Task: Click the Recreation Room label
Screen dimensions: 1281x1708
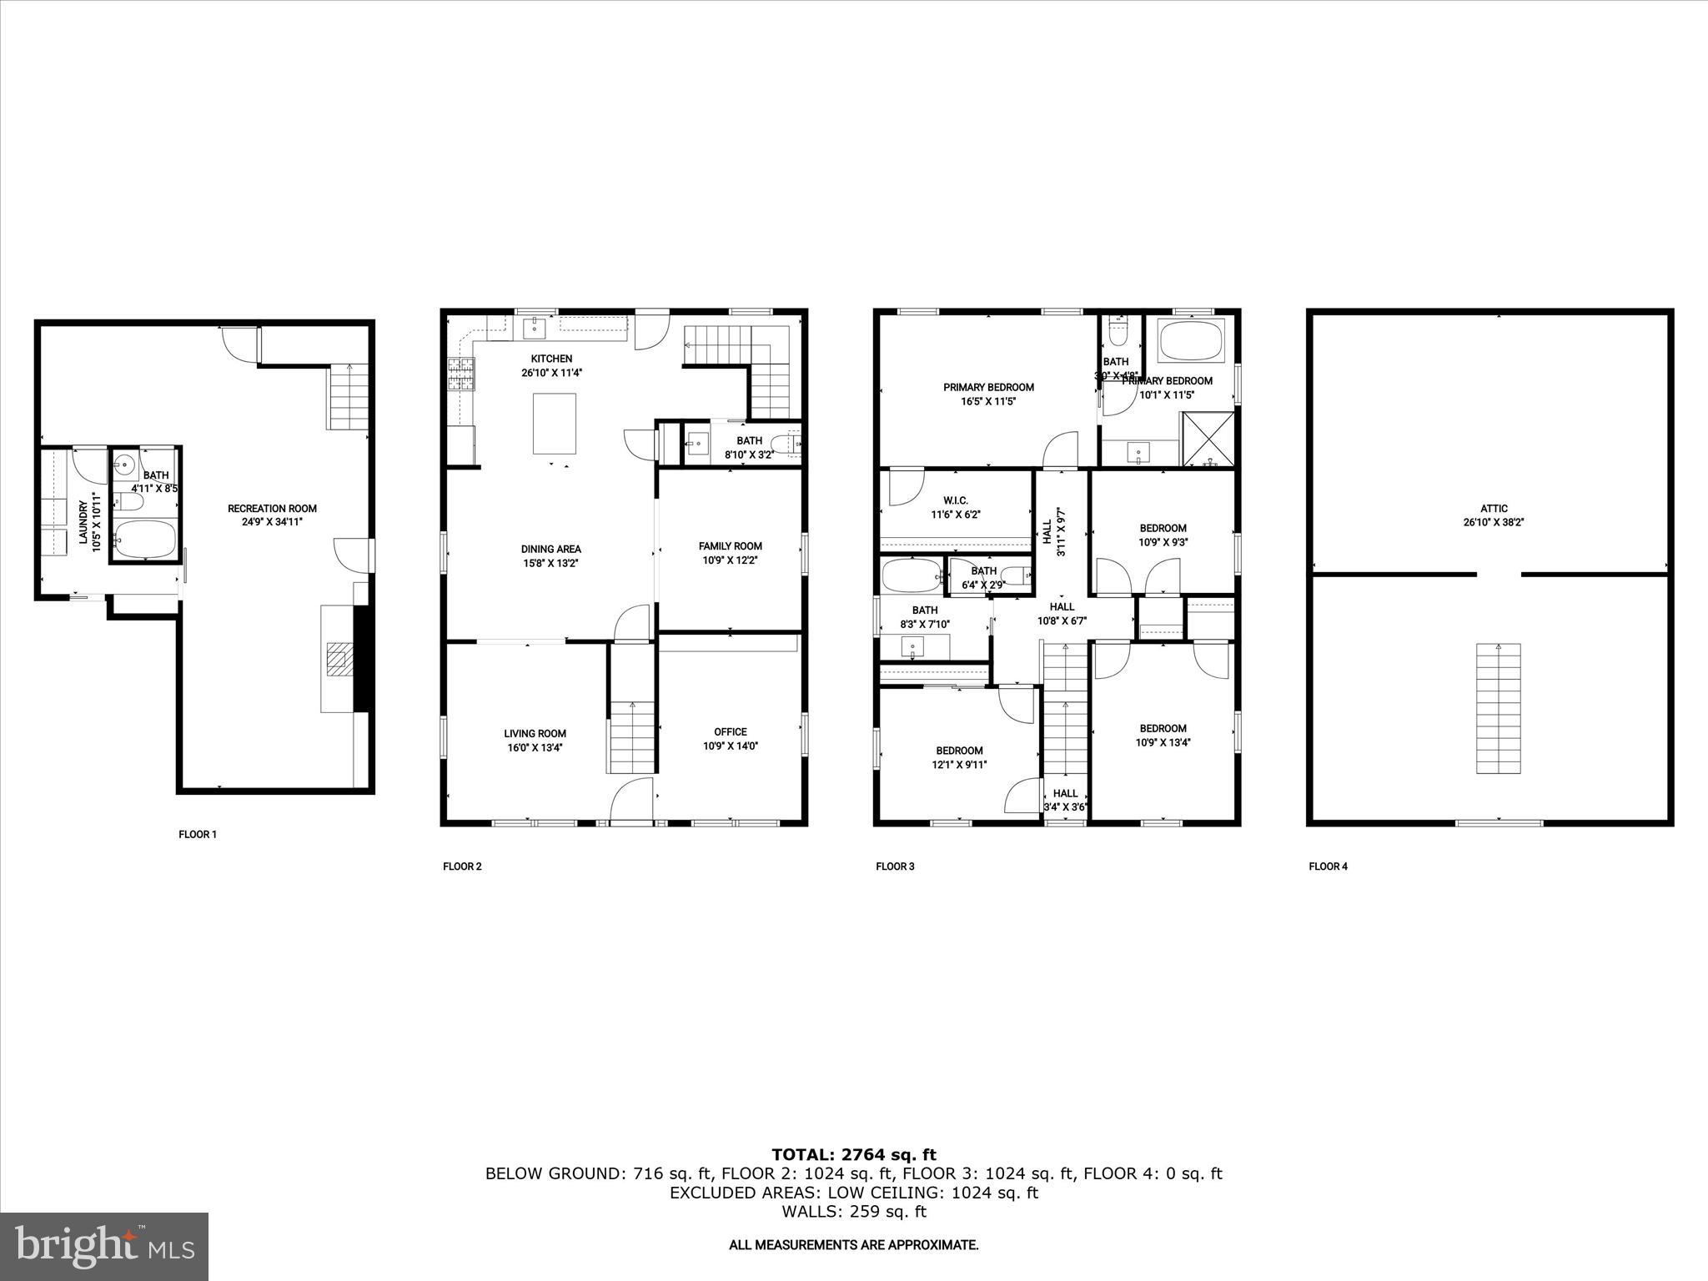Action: click(272, 508)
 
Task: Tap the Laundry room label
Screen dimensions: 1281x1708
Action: click(83, 523)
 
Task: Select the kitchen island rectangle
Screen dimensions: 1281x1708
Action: click(555, 422)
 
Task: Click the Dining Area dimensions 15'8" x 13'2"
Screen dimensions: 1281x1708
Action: click(550, 563)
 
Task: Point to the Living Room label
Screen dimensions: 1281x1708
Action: click(535, 733)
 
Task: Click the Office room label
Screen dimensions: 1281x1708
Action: click(730, 731)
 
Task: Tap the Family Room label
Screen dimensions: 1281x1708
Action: click(730, 546)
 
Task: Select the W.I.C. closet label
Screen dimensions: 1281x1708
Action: click(955, 500)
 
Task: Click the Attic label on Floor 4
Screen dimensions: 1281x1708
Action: click(1494, 508)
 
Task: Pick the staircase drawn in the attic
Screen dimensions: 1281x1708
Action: click(1498, 708)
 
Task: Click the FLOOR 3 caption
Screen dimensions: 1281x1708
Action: click(895, 867)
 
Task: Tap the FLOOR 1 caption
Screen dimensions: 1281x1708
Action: click(198, 834)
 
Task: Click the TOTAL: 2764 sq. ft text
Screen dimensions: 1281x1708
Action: click(853, 1154)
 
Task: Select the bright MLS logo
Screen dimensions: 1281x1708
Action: click(104, 1246)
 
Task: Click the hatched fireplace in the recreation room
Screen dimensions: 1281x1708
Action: click(339, 658)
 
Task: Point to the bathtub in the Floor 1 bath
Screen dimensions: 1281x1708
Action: click(145, 539)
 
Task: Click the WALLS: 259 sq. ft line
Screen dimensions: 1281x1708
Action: click(853, 1211)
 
